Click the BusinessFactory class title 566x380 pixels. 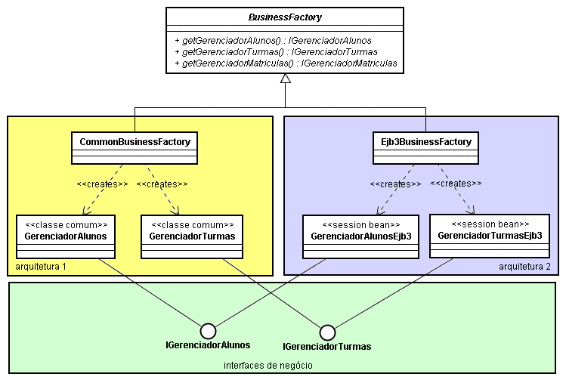click(x=285, y=15)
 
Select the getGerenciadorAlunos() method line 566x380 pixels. click(x=273, y=40)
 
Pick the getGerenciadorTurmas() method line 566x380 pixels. click(x=275, y=51)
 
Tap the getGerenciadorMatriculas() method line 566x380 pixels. click(x=285, y=63)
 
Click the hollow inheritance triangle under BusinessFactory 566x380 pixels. click(x=285, y=79)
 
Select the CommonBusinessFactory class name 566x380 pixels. click(x=135, y=141)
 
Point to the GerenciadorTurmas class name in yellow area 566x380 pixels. click(x=192, y=236)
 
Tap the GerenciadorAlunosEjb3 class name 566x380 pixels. click(x=360, y=236)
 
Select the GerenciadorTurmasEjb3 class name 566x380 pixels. click(x=489, y=235)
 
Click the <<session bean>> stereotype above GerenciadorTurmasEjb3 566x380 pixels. click(x=489, y=224)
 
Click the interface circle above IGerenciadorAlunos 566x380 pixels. click(x=208, y=331)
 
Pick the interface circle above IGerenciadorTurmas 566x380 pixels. click(x=327, y=332)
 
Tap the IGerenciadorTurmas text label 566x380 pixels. click(x=327, y=347)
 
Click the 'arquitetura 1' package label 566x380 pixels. click(x=42, y=267)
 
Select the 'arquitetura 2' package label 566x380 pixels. click(x=524, y=267)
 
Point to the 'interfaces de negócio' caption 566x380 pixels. click(x=268, y=365)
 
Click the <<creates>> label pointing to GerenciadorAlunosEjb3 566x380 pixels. click(x=395, y=183)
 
